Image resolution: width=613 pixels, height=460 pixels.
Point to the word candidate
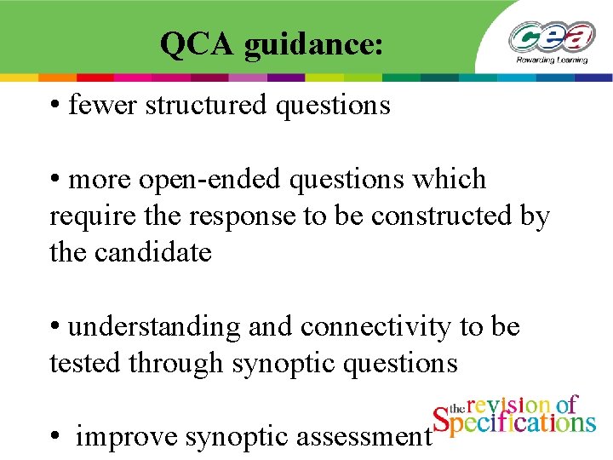(158, 253)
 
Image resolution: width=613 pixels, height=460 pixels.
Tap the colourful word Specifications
(514, 423)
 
